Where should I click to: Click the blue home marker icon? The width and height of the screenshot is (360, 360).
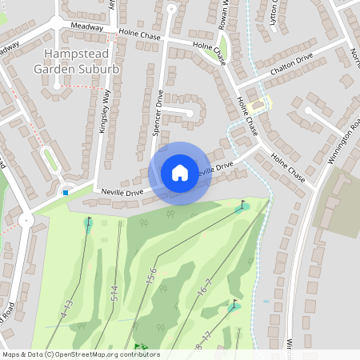click(x=180, y=173)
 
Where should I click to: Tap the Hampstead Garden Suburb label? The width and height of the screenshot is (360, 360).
click(x=77, y=62)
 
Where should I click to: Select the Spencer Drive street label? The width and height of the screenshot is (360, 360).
click(x=158, y=117)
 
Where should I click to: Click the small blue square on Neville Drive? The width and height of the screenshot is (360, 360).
click(x=66, y=192)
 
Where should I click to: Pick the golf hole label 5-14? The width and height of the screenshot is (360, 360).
click(x=114, y=293)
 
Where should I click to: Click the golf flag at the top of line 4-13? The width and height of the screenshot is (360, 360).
click(x=88, y=222)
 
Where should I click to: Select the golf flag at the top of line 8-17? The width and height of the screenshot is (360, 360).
click(x=234, y=305)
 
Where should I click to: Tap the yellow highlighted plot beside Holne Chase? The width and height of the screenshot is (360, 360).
click(x=258, y=106)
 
